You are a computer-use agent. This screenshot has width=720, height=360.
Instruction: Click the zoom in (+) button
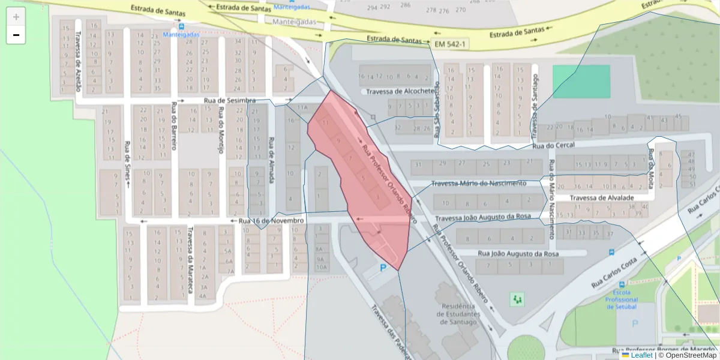[x=16, y=17]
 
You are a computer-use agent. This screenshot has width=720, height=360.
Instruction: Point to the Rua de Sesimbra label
[x=230, y=100]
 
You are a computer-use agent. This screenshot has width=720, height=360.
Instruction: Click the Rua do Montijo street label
[x=221, y=130]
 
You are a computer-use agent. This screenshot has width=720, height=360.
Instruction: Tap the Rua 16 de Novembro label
[x=271, y=221]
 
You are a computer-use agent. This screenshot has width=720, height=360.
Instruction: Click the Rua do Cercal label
[x=553, y=145]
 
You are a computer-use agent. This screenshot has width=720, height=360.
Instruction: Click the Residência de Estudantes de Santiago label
[x=461, y=313]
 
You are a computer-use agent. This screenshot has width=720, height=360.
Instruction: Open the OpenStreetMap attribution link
[x=691, y=355]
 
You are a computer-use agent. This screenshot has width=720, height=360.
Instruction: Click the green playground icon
[x=517, y=298]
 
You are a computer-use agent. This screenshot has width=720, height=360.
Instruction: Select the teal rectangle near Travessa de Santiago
[x=581, y=81]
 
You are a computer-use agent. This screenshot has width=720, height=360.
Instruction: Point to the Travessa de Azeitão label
[x=78, y=67]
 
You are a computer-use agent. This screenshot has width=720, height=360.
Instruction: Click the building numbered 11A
[x=303, y=108]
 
